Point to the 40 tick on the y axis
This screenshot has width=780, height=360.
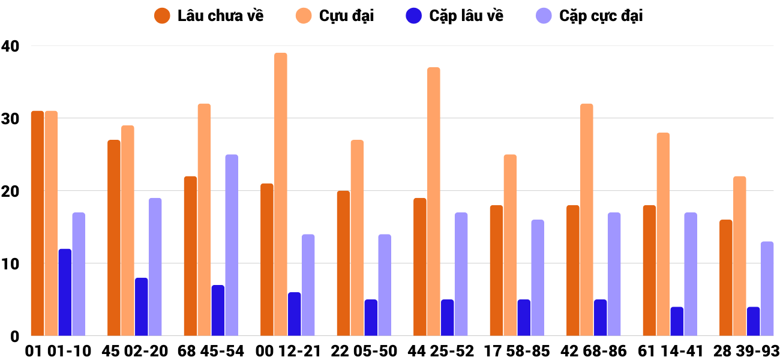[x=11, y=46]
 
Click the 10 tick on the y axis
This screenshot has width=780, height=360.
[x=11, y=263]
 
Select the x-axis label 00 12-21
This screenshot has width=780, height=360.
[x=287, y=350]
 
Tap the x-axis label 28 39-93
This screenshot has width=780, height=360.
[x=746, y=350]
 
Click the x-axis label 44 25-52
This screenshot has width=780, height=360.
[x=440, y=350]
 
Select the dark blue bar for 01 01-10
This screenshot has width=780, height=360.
[x=65, y=292]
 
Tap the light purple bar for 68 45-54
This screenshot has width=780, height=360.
[x=232, y=245]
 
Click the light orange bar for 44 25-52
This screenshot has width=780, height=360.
[x=434, y=202]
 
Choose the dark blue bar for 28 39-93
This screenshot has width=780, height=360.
[x=754, y=321]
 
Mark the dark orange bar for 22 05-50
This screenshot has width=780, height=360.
[x=343, y=263]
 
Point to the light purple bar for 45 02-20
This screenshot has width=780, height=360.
[x=155, y=267]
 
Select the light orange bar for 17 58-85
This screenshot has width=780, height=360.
[x=510, y=245]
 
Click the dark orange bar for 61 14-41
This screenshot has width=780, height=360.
[x=649, y=271]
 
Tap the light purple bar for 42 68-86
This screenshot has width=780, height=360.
[x=614, y=274]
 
